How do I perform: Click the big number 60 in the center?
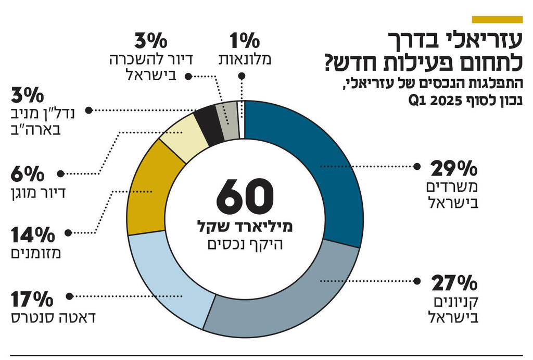click(245, 197)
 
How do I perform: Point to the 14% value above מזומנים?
click(32, 235)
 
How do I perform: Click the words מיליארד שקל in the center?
click(245, 226)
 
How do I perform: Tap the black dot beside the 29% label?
click(416, 167)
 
